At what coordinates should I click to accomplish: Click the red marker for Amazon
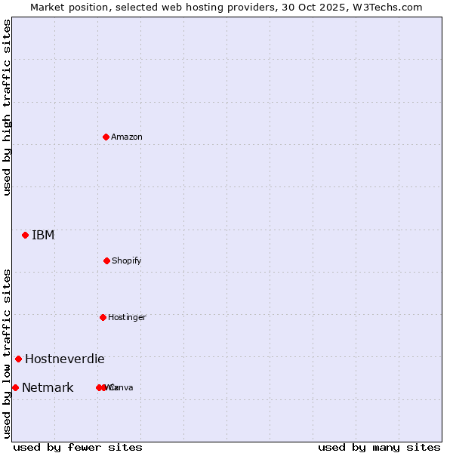point(106,137)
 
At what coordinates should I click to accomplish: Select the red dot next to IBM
point(25,235)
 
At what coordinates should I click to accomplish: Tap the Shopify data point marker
point(106,260)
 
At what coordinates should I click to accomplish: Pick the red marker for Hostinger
point(103,317)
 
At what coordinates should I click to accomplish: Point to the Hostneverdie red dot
point(18,359)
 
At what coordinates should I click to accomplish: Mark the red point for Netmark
point(15,387)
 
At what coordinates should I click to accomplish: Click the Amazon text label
point(127,137)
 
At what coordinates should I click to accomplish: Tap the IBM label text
point(43,235)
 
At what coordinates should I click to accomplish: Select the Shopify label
point(127,260)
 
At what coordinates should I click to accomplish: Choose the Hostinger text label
point(127,317)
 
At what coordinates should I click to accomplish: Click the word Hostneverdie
point(65,359)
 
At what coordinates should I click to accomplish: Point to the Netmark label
point(48,387)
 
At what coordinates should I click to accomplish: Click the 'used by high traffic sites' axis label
point(7,107)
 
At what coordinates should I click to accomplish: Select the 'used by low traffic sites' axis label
point(7,353)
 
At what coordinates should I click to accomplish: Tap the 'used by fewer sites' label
point(78,447)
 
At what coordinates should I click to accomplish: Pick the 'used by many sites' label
point(379,447)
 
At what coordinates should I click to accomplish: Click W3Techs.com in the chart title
point(386,7)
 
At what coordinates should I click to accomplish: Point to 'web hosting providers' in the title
point(217,7)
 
